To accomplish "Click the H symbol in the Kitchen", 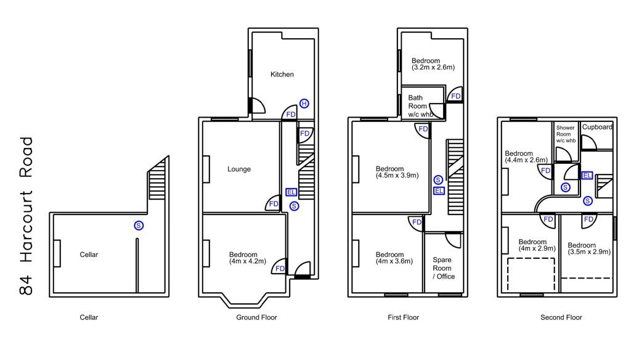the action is click(304, 104).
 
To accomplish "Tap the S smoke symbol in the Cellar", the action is click(139, 226).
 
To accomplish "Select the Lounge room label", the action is click(239, 169).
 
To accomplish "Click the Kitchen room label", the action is click(282, 74).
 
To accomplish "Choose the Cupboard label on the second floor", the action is click(597, 127).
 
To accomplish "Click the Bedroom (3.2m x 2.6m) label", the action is click(433, 64).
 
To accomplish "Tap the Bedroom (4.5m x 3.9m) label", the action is click(397, 172).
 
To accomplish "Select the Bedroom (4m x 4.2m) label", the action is click(248, 258).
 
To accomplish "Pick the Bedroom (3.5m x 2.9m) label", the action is click(589, 248).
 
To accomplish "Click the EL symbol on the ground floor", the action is click(291, 192).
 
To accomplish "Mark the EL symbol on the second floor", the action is click(587, 175).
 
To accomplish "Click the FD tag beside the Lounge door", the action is click(274, 204).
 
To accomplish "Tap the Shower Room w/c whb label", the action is click(566, 134).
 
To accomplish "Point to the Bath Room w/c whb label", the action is click(420, 106).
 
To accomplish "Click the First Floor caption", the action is click(403, 317).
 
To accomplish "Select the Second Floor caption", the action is click(561, 317).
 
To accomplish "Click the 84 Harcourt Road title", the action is click(26, 216).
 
